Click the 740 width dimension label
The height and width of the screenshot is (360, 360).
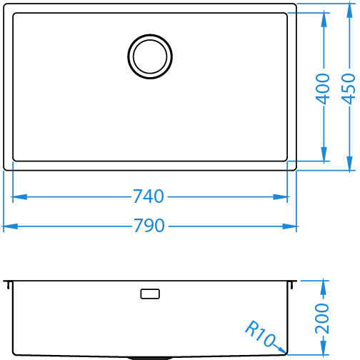click(x=149, y=196)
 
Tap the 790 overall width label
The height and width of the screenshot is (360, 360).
click(x=149, y=226)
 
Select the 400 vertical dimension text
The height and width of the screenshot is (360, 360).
click(x=323, y=89)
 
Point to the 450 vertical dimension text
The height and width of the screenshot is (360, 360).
click(x=349, y=89)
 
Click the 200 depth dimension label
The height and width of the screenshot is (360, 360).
click(x=322, y=319)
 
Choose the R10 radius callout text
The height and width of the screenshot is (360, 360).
click(x=260, y=333)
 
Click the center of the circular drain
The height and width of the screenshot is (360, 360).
click(x=150, y=56)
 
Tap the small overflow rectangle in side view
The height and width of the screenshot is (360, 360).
click(x=150, y=294)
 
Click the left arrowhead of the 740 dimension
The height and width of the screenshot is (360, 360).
click(x=19, y=197)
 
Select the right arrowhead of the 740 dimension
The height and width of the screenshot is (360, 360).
click(x=280, y=197)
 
